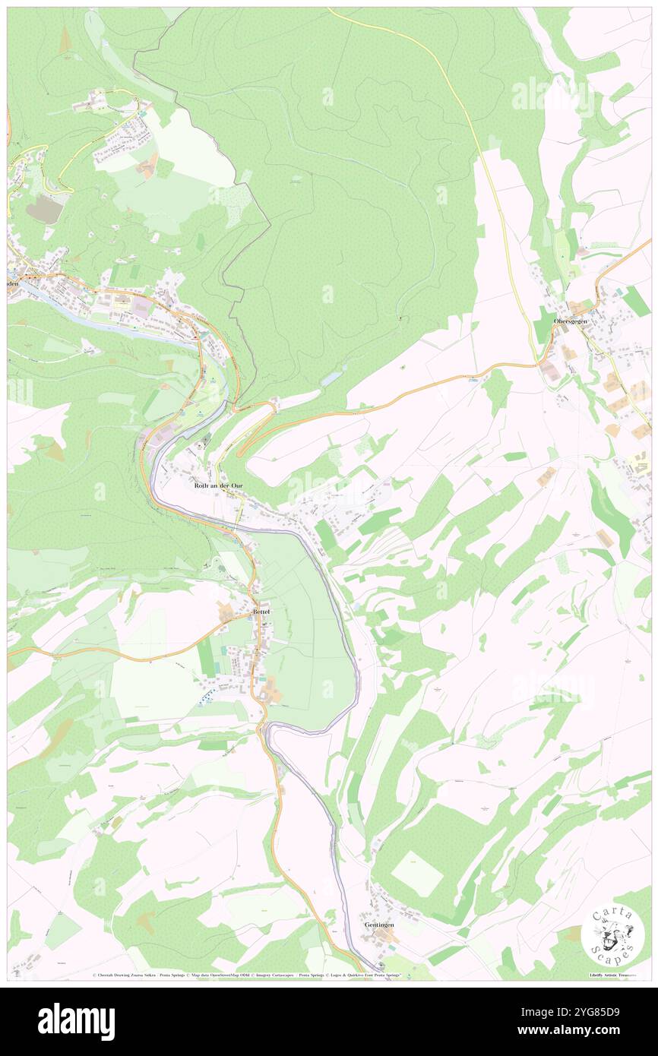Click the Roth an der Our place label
[x=219, y=485]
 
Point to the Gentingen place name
[x=379, y=925]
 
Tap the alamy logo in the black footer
[x=76, y=1022]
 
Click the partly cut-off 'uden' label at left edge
[x=12, y=283]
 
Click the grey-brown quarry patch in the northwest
[x=44, y=209]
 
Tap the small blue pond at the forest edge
[x=333, y=378]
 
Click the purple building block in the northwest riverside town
[x=141, y=306]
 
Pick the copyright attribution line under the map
[x=328, y=975]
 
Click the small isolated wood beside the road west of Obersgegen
[x=497, y=391]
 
